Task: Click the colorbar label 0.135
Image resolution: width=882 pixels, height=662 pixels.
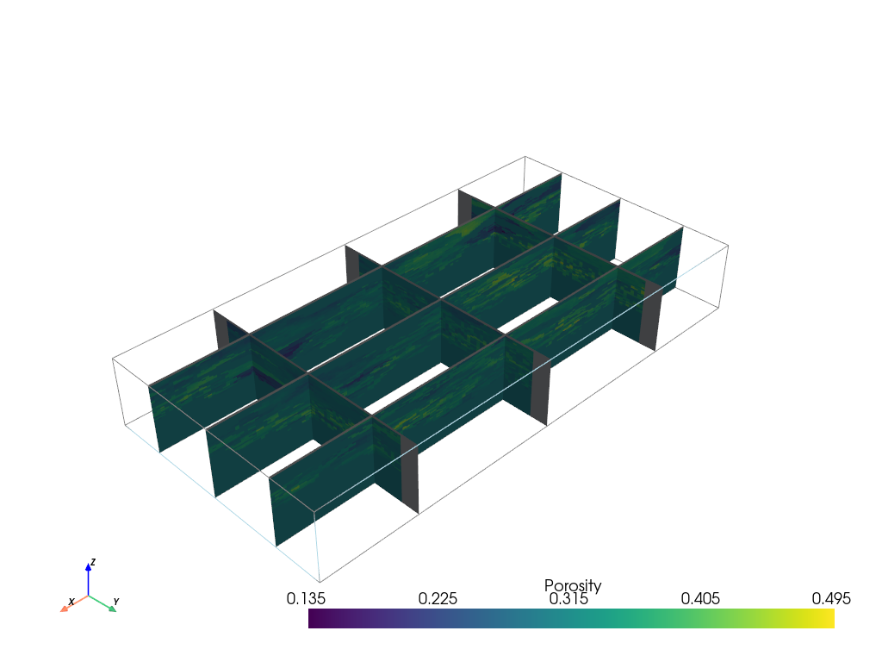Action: pyautogui.click(x=306, y=598)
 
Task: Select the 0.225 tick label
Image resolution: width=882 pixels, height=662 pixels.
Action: pyautogui.click(x=438, y=598)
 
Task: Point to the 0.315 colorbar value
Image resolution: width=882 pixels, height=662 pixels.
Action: pyautogui.click(x=568, y=598)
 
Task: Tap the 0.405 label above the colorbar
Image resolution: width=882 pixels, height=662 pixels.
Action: pyautogui.click(x=700, y=598)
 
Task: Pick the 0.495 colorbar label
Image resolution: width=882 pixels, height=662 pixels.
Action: pyautogui.click(x=831, y=598)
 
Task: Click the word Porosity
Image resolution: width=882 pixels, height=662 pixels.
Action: pyautogui.click(x=573, y=586)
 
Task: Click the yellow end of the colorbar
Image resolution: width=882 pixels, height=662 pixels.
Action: pyautogui.click(x=829, y=618)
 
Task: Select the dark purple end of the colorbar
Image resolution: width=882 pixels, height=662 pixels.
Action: pyautogui.click(x=314, y=618)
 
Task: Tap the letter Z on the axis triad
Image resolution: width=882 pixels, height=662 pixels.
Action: pyautogui.click(x=93, y=562)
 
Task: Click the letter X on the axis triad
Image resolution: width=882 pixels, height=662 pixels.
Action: pyautogui.click(x=71, y=602)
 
